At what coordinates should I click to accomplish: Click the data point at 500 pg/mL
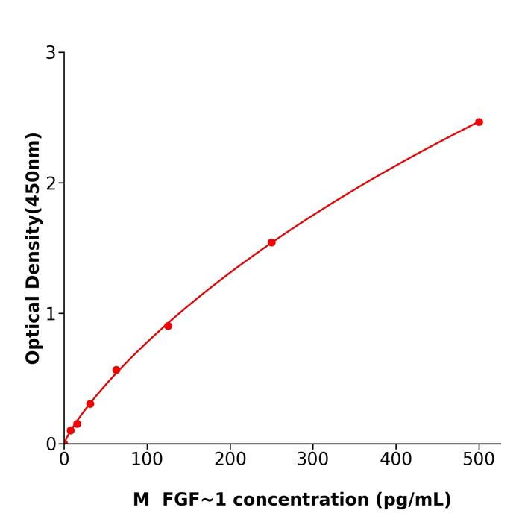[479, 122]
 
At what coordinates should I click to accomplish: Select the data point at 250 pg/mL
[271, 242]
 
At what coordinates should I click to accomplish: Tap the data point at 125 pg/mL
[168, 326]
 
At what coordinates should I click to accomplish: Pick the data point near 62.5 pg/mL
[116, 371]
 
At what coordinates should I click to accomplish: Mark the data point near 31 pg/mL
[90, 404]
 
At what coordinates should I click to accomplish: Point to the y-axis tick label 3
[51, 53]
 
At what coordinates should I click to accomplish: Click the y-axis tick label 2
[51, 183]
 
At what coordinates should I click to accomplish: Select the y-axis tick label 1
[51, 314]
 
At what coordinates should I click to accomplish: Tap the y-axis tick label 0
[51, 444]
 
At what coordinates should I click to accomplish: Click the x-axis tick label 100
[147, 460]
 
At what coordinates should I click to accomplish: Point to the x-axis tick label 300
[312, 460]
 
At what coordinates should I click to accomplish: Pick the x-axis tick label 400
[395, 460]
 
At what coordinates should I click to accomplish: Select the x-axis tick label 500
[479, 460]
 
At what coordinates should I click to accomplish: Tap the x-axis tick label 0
[64, 460]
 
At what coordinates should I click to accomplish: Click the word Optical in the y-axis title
[33, 328]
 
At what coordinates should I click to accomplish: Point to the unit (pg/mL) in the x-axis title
[414, 500]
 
